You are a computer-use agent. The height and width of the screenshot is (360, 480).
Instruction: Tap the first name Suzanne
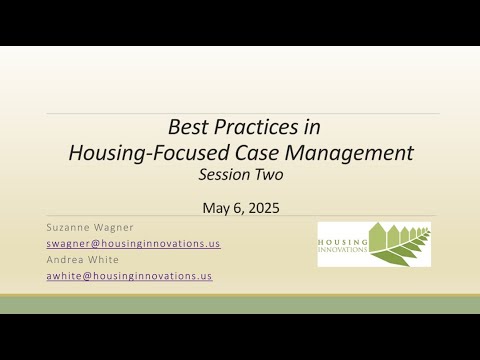(x=71, y=227)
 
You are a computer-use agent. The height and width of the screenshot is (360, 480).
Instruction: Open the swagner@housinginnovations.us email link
(x=133, y=243)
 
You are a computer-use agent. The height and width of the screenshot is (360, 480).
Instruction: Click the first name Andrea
(x=66, y=259)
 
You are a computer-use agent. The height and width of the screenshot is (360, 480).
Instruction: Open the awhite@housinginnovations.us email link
(x=129, y=276)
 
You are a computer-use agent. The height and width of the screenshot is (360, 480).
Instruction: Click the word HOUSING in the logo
(x=341, y=242)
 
